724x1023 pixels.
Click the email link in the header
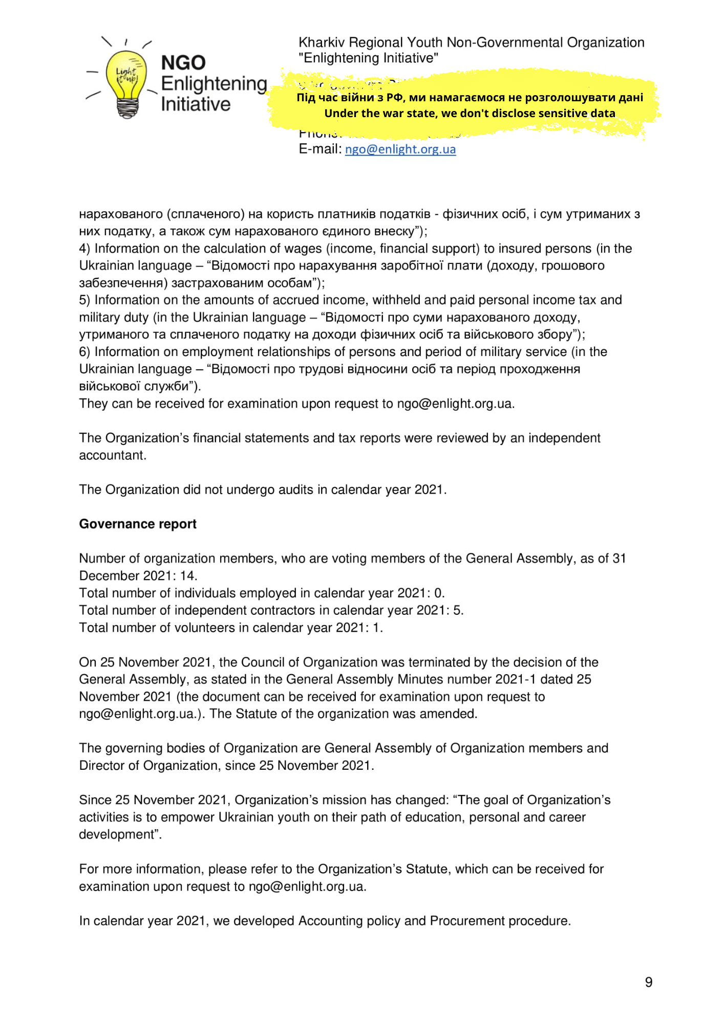click(400, 149)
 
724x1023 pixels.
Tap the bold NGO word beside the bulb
click(183, 63)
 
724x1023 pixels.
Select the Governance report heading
click(138, 524)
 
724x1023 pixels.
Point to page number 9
click(649, 982)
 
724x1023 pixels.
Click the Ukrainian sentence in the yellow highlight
click(470, 98)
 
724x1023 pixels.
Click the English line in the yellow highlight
click(470, 114)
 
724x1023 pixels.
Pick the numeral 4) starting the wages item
click(84, 249)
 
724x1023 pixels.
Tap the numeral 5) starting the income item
click(84, 300)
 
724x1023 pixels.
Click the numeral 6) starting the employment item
click(84, 352)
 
